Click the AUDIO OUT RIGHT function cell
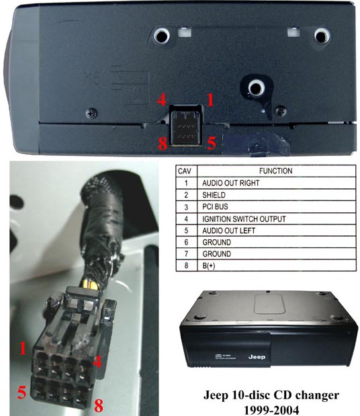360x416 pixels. (x=230, y=183)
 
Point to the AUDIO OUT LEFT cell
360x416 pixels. (x=228, y=231)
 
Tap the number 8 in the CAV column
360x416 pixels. (x=184, y=266)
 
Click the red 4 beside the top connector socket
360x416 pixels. (x=161, y=101)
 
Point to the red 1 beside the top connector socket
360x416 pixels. (x=210, y=101)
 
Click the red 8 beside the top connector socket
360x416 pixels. (x=161, y=143)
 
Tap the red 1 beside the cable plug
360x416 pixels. (x=23, y=349)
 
